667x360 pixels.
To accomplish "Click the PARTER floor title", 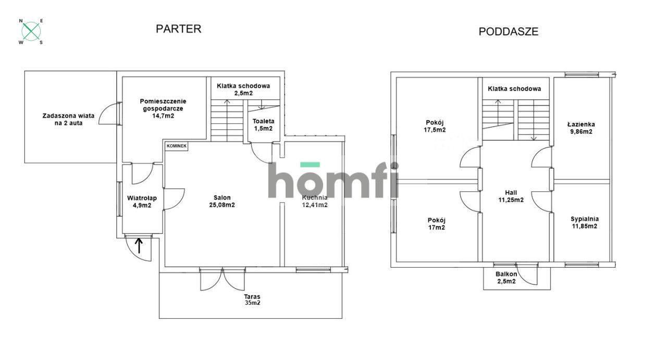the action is point(179,29).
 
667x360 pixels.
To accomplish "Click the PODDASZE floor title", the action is point(509,32).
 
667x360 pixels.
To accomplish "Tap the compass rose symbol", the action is point(31,31).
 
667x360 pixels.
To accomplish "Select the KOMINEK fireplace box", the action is point(177,146).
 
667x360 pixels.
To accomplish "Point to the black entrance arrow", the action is point(139,245).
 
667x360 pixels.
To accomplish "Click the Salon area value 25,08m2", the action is point(222,205).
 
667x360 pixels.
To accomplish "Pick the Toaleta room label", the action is point(263,121).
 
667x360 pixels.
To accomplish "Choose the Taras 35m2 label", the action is point(252,300).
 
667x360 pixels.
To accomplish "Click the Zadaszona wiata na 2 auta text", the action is point(68,119).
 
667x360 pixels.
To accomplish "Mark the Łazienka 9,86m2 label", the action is point(581,128).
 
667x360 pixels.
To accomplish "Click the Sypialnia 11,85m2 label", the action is point(585,222).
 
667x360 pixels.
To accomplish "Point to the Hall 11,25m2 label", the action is point(511,196).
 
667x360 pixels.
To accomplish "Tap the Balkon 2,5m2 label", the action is point(506,278).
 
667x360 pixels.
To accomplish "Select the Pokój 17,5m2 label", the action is point(435,126).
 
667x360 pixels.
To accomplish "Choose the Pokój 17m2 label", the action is point(437,224).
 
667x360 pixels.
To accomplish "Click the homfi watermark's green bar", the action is point(310,164).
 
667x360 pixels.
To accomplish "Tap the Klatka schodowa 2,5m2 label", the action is point(243,89).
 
